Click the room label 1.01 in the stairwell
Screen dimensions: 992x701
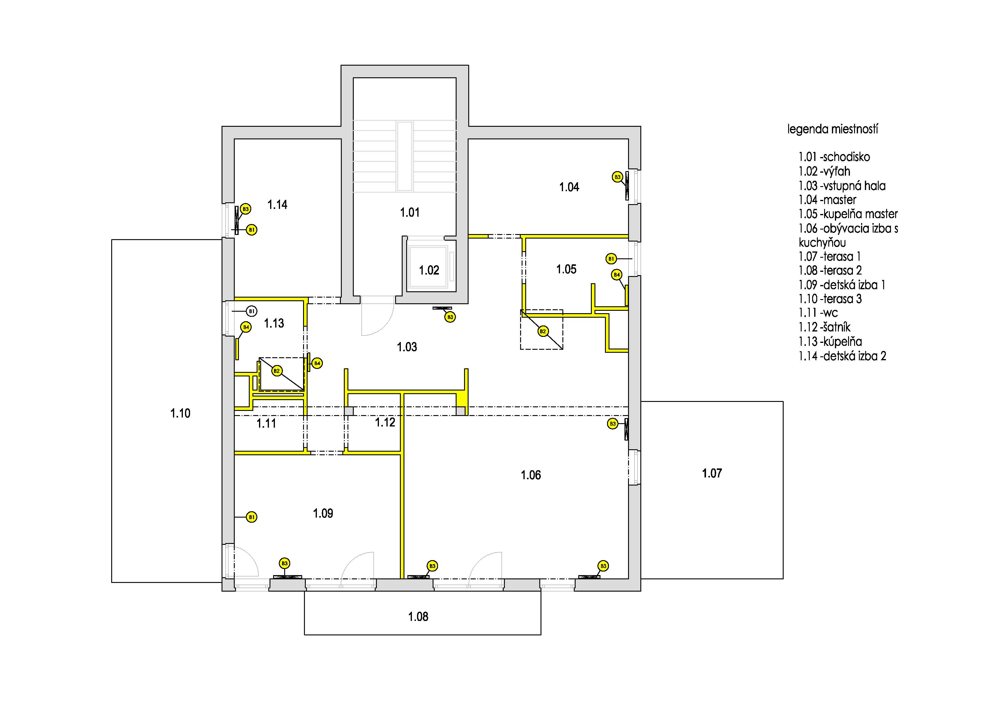click(x=410, y=212)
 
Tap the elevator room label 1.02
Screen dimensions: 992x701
click(x=429, y=270)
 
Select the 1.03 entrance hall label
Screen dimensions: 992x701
click(x=407, y=347)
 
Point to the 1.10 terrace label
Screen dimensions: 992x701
click(x=180, y=413)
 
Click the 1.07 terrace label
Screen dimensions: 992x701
click(x=712, y=474)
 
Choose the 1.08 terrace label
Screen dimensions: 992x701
click(x=418, y=617)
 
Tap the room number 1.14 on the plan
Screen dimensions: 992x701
click(x=277, y=205)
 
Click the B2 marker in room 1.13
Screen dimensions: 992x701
click(x=276, y=371)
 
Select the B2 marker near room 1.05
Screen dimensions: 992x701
click(x=543, y=331)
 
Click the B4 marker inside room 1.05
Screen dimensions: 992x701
click(x=617, y=275)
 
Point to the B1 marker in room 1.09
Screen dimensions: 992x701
click(x=252, y=517)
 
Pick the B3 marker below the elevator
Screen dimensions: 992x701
click(x=450, y=317)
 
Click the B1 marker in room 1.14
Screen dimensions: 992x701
click(x=252, y=230)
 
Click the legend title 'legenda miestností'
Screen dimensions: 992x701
click(x=833, y=129)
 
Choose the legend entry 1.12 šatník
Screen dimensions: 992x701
click(x=824, y=327)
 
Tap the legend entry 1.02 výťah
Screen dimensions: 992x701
click(x=824, y=171)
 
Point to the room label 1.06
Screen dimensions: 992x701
click(x=531, y=475)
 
